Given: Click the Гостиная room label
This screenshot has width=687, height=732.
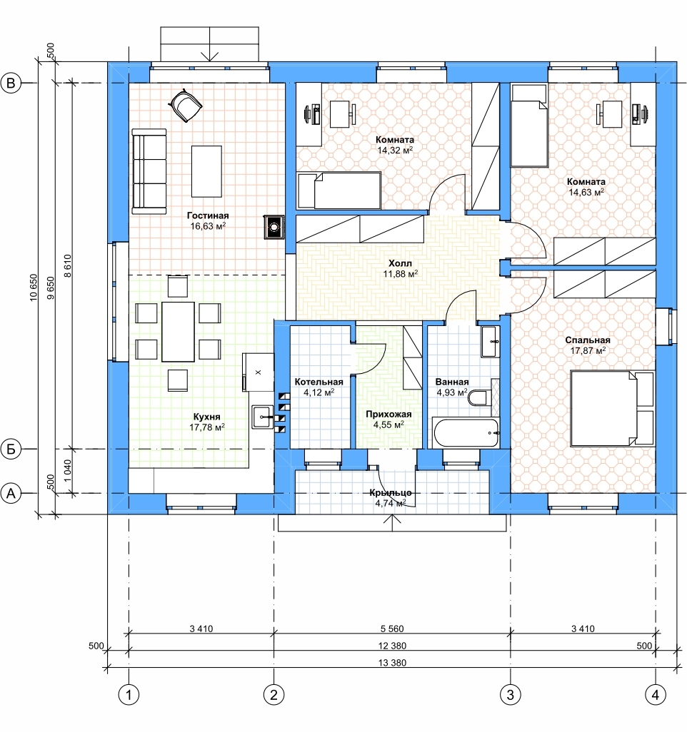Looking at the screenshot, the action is click(208, 215).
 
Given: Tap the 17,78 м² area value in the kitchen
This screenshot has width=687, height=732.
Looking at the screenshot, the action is click(207, 427).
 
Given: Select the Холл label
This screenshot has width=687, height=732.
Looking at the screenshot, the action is click(401, 263).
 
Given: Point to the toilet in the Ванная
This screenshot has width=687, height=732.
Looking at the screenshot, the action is click(478, 398).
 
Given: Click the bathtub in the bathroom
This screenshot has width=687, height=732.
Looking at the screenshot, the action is click(466, 433).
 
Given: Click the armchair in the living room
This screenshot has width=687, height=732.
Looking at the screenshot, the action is click(185, 105).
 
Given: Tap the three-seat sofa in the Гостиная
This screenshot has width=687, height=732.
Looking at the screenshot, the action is click(149, 171).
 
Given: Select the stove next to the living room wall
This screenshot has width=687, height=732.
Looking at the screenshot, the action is click(274, 228).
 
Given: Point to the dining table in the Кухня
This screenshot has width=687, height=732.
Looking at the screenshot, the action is click(178, 332).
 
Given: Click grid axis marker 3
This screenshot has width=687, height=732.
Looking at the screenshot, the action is click(510, 695).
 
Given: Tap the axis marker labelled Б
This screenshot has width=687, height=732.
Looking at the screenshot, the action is click(11, 449).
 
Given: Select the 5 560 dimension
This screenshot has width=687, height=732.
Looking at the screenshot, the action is click(392, 629).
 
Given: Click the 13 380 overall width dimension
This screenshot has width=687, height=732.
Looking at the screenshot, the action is click(392, 663).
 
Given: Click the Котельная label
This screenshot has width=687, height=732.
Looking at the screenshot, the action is click(319, 382).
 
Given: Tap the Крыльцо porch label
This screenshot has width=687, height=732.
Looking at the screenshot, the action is click(391, 492).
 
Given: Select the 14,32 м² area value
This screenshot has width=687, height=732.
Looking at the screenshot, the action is click(395, 151).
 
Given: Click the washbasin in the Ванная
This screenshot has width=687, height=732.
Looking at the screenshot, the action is click(490, 342).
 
